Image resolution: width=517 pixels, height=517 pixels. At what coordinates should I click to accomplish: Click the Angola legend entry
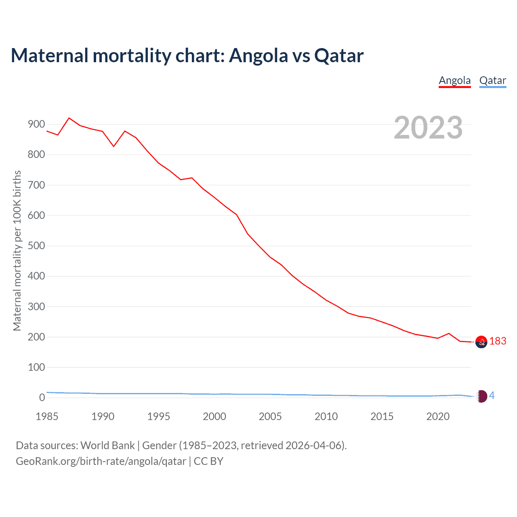455,81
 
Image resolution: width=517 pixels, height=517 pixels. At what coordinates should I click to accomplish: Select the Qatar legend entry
492,81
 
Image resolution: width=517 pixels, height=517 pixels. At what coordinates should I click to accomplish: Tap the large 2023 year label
428,128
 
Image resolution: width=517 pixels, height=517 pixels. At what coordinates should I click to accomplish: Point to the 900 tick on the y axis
36,124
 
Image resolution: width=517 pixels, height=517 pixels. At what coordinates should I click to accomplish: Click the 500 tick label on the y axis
36,246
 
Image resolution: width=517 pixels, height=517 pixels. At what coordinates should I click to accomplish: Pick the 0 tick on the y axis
42,398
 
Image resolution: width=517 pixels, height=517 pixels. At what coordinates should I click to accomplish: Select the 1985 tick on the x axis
47,416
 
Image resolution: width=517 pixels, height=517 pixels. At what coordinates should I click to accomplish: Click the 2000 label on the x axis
214,416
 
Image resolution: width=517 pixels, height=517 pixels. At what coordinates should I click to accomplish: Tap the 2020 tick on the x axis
438,416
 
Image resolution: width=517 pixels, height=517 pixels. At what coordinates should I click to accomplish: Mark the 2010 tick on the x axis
326,416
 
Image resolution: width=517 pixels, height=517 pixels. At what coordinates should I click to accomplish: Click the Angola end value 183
498,341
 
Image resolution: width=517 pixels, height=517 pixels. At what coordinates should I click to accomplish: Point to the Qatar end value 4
492,396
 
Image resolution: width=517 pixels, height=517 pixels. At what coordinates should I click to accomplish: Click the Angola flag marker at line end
481,342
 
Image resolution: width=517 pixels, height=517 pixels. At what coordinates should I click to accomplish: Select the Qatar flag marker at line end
481,396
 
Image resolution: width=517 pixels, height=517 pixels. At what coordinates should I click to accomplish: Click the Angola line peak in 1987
69,118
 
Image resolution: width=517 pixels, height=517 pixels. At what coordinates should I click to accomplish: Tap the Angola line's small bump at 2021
449,334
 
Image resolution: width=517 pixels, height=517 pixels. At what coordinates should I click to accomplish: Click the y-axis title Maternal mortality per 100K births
17,250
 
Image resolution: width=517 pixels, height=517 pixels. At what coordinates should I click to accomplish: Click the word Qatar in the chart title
339,56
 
